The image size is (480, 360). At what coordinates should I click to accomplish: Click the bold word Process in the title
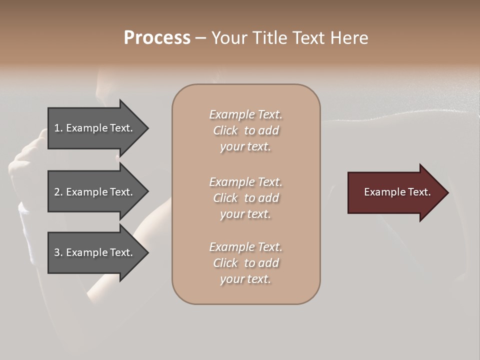click(x=157, y=38)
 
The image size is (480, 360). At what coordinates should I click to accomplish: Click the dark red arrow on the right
click(x=395, y=192)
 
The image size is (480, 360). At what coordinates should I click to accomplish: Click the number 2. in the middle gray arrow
click(x=58, y=192)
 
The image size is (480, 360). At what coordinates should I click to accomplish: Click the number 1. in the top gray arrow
click(x=58, y=128)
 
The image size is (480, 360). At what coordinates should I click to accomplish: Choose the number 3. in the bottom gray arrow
click(x=58, y=252)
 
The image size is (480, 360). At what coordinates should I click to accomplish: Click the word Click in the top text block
click(x=225, y=130)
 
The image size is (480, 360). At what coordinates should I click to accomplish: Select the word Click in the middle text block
click(x=225, y=198)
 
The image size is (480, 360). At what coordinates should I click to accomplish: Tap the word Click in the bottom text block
click(x=225, y=263)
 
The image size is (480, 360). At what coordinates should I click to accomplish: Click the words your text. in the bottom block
click(x=245, y=279)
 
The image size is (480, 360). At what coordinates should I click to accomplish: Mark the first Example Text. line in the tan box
click(x=245, y=114)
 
